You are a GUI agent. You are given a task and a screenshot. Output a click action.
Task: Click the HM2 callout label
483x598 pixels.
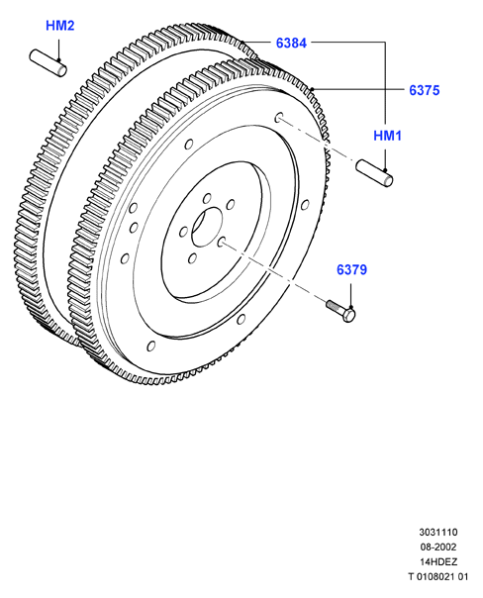[x=59, y=26]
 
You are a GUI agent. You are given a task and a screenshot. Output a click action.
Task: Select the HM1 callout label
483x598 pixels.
[x=387, y=136]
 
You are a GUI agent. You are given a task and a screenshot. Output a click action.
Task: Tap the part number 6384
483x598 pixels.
[x=291, y=44]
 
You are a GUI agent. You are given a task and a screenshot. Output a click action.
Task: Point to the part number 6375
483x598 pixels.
[x=425, y=90]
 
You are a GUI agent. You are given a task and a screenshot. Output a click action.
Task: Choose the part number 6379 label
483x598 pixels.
[x=351, y=269]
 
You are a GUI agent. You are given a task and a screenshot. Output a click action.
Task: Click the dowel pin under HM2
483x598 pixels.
[x=48, y=63]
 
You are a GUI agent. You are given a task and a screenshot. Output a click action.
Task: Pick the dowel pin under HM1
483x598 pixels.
[x=374, y=173]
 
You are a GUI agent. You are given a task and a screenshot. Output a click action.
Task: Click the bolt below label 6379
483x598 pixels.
[x=340, y=310]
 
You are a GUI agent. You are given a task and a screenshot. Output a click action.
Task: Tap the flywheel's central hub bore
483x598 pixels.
[x=207, y=228]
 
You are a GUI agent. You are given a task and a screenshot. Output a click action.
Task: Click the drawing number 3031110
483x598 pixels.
[x=438, y=532]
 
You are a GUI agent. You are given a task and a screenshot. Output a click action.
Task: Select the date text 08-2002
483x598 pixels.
[x=438, y=547]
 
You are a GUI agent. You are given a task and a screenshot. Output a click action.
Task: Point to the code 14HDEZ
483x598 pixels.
[x=438, y=561]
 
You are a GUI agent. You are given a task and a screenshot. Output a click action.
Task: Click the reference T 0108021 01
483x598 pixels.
[x=438, y=576]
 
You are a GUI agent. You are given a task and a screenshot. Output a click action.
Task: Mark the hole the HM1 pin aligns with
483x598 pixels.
[x=279, y=118]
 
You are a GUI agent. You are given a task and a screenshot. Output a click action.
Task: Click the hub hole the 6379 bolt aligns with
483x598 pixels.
[x=222, y=241]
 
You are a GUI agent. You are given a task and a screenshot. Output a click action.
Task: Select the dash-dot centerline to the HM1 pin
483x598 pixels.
[x=318, y=141]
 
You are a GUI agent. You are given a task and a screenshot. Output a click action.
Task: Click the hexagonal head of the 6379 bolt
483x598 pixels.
[x=348, y=315]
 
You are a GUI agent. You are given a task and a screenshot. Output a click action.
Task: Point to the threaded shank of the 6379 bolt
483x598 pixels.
[x=335, y=306]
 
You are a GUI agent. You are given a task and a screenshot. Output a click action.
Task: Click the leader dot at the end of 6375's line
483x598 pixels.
[x=312, y=89]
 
